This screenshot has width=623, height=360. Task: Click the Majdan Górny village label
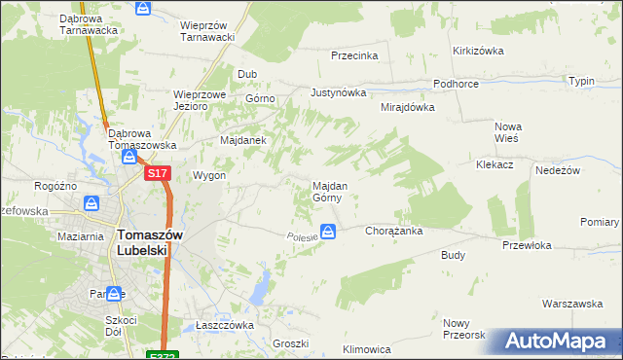click(x=326, y=191)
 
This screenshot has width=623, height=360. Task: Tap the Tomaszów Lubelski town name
click(x=143, y=241)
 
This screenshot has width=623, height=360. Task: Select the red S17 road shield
click(x=159, y=173)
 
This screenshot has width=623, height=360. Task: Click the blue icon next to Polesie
click(x=330, y=232)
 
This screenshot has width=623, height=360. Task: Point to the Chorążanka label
click(x=392, y=232)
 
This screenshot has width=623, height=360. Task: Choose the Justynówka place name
click(x=338, y=93)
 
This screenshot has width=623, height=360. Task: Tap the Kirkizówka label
click(x=477, y=51)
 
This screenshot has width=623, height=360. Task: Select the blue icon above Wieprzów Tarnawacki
click(x=143, y=9)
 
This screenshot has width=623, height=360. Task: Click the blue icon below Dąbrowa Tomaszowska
click(x=128, y=157)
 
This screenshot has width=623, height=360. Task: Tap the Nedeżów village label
click(x=558, y=169)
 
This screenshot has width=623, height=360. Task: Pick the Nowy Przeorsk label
click(x=463, y=329)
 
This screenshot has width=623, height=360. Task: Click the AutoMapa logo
click(x=559, y=342)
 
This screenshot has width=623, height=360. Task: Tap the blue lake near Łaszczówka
click(x=260, y=286)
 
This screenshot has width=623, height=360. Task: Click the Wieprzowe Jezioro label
click(x=200, y=101)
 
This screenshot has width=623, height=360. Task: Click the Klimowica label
click(x=367, y=348)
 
